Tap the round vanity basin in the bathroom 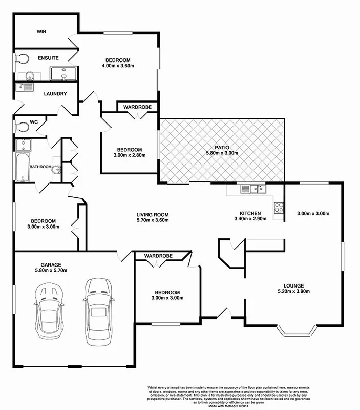coord(56,169)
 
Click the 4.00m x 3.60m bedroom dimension coord(117,66)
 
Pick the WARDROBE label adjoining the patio coord(137,107)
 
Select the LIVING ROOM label coord(152,214)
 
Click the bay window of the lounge coord(300,334)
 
